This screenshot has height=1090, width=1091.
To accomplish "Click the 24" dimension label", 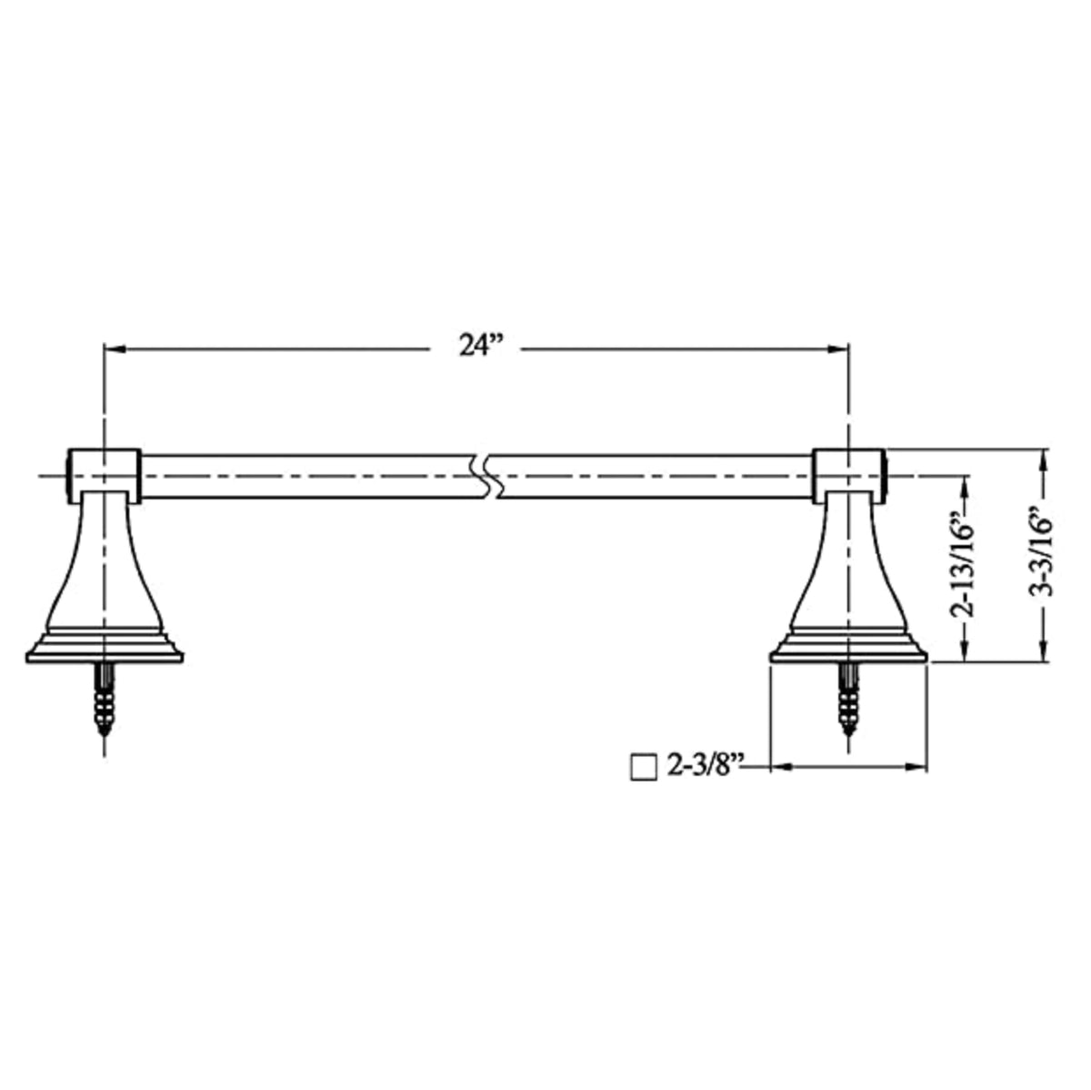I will point(480,348).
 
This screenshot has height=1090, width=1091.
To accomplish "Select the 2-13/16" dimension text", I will point(966,569).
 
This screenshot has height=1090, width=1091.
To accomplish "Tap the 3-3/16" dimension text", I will point(1044,556).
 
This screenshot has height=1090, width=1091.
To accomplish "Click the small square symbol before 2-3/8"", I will point(644,767).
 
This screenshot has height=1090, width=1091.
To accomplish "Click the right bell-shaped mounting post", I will point(848,564).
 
